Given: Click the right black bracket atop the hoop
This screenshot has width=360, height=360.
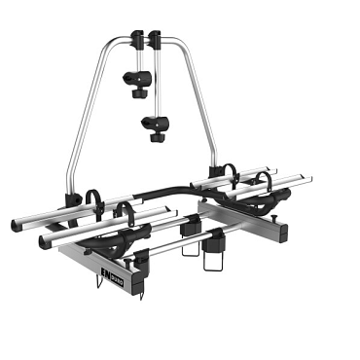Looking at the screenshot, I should coord(155,42).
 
